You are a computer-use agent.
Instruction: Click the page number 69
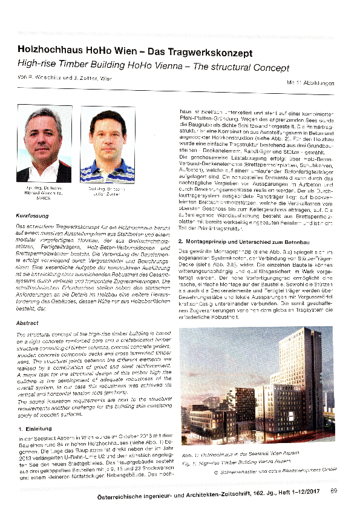pos(333,491)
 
